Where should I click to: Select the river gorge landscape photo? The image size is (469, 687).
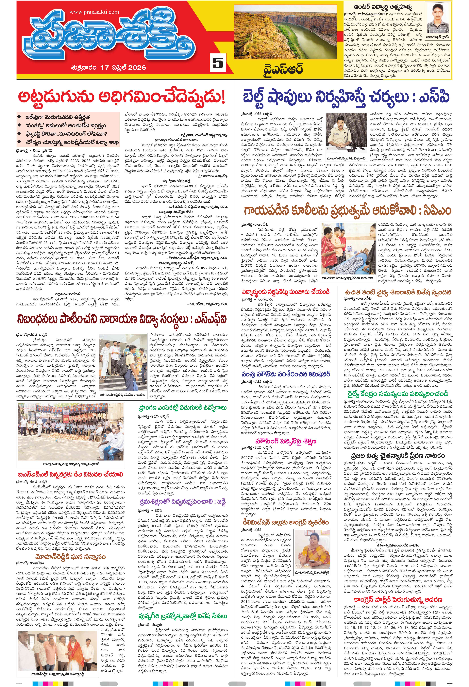coord(285,32)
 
